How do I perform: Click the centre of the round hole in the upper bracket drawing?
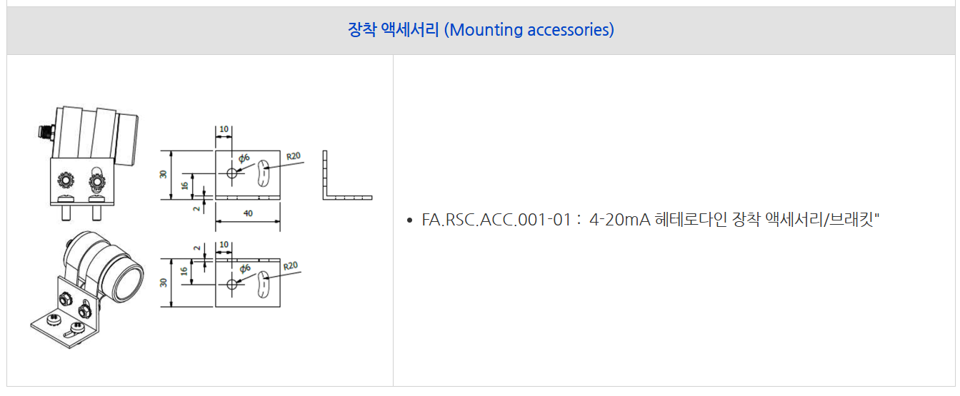(232, 173)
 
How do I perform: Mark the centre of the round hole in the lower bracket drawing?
(232, 284)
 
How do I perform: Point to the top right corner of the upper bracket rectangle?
(280, 151)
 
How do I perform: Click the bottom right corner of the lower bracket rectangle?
(280, 307)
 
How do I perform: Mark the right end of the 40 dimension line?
(280, 221)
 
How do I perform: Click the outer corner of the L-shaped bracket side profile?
(324, 200)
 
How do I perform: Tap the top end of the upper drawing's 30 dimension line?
(171, 151)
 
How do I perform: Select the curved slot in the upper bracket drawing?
(263, 173)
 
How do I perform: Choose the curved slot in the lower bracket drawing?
(263, 284)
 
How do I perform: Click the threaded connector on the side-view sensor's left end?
(46, 132)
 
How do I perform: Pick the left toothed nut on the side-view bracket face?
(66, 181)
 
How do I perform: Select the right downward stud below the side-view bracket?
(97, 213)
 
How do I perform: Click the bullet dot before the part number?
(410, 220)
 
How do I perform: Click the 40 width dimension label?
(248, 213)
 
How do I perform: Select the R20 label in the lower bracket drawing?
(291, 266)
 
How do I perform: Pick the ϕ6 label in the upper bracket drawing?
(244, 158)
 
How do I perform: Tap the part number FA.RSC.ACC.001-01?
(496, 220)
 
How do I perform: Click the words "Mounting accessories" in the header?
(531, 30)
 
